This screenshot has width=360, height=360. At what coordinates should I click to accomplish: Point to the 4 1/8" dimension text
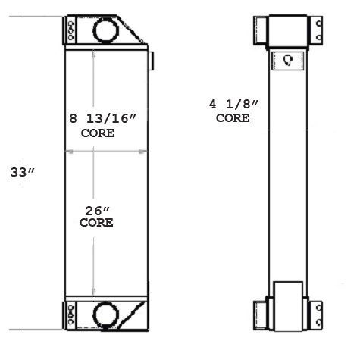point(233,103)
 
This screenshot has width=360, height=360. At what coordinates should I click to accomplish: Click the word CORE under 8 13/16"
point(98,133)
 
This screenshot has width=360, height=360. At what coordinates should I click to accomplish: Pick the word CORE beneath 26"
point(96,223)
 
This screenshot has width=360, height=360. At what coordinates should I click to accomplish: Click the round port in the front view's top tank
point(103,30)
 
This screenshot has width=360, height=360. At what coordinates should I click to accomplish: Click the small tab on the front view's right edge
point(151,59)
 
